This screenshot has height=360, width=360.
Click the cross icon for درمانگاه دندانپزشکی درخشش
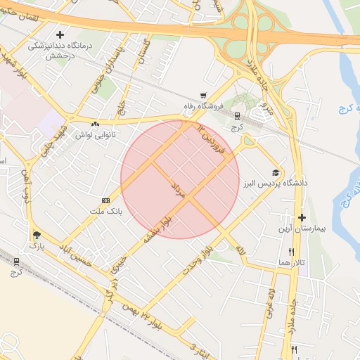[x=60, y=34]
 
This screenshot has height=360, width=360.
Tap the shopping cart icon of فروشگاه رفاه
[x=203, y=96]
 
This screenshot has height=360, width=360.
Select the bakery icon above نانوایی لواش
[x=94, y=124]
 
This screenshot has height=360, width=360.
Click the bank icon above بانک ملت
[x=106, y=200]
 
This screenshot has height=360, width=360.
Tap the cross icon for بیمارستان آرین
[x=302, y=218]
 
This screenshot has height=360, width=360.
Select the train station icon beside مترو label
[x=236, y=116]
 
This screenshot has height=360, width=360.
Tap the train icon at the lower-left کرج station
[x=16, y=262]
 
